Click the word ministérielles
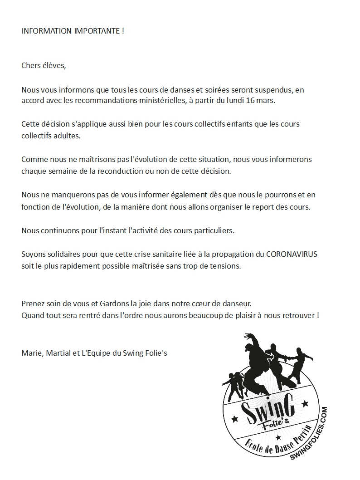[151, 100]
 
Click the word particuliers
[213, 230]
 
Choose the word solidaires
[62, 254]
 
